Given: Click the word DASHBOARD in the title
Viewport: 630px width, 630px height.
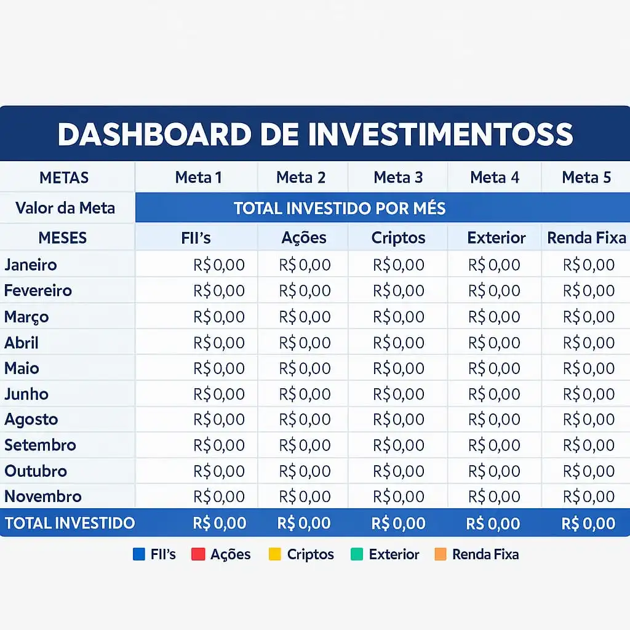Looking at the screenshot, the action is tap(154, 134).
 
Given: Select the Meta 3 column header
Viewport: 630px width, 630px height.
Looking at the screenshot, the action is tap(398, 177).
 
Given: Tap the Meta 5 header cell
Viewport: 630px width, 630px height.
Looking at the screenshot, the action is tap(586, 177).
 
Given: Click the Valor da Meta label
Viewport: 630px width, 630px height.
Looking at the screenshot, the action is tap(65, 208).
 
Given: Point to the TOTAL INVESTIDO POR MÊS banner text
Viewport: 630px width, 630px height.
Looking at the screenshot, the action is tap(340, 208).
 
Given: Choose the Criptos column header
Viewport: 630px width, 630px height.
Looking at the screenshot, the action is tap(398, 237).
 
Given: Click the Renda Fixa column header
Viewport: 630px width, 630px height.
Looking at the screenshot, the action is tap(586, 237).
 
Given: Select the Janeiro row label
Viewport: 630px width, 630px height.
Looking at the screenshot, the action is tap(31, 265).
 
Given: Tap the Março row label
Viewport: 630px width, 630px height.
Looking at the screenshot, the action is tap(26, 317).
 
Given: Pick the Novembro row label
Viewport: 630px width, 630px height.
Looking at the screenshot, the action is tap(43, 496).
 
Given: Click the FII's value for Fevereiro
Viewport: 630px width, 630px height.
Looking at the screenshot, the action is tap(219, 290).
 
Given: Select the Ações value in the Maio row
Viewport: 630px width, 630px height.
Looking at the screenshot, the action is tap(305, 368).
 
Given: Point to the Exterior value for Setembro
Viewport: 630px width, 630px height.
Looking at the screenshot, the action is tap(494, 445).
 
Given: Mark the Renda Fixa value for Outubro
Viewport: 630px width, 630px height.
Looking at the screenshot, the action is tap(589, 471).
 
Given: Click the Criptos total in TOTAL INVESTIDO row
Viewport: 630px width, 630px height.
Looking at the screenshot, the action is tap(398, 523).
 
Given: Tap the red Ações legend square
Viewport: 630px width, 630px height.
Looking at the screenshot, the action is tap(198, 554).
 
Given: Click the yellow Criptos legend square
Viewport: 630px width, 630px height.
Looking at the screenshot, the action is tap(275, 554).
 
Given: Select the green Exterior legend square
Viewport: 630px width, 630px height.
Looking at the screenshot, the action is tap(357, 554).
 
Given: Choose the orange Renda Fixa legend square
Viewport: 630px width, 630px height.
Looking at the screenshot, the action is tap(441, 554).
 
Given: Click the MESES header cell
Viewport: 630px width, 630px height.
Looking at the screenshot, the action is tap(63, 237).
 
